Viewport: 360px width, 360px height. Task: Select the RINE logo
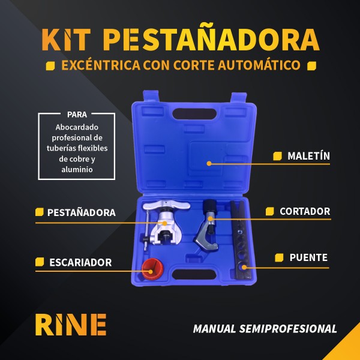coord(70,325)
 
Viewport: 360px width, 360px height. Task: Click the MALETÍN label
coord(308,156)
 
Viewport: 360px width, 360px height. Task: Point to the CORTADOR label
coord(305,211)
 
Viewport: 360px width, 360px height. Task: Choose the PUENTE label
coord(308,257)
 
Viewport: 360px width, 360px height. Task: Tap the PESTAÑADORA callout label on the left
coord(81,212)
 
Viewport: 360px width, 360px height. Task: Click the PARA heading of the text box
coord(77,114)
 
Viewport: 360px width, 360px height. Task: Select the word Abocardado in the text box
coord(76,127)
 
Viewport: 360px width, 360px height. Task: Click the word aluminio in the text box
coord(76,170)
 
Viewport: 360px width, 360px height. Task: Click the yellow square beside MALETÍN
coord(277,157)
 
